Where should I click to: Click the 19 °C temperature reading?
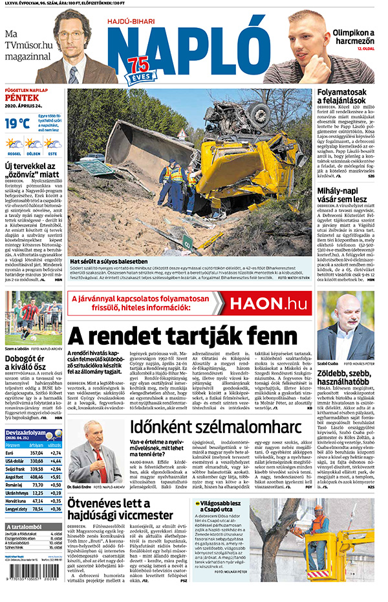[x=17, y=123]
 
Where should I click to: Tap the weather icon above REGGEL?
[x=14, y=143]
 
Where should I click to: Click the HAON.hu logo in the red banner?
[x=265, y=303]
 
